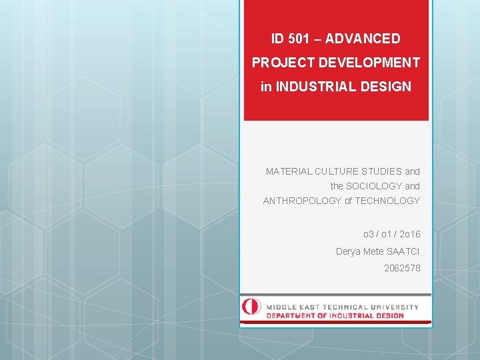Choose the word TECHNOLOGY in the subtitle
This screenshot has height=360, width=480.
click(387, 201)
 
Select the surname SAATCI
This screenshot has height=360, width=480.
click(403, 251)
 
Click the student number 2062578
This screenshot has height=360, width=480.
click(402, 269)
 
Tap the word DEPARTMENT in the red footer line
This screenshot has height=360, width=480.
click(293, 315)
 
